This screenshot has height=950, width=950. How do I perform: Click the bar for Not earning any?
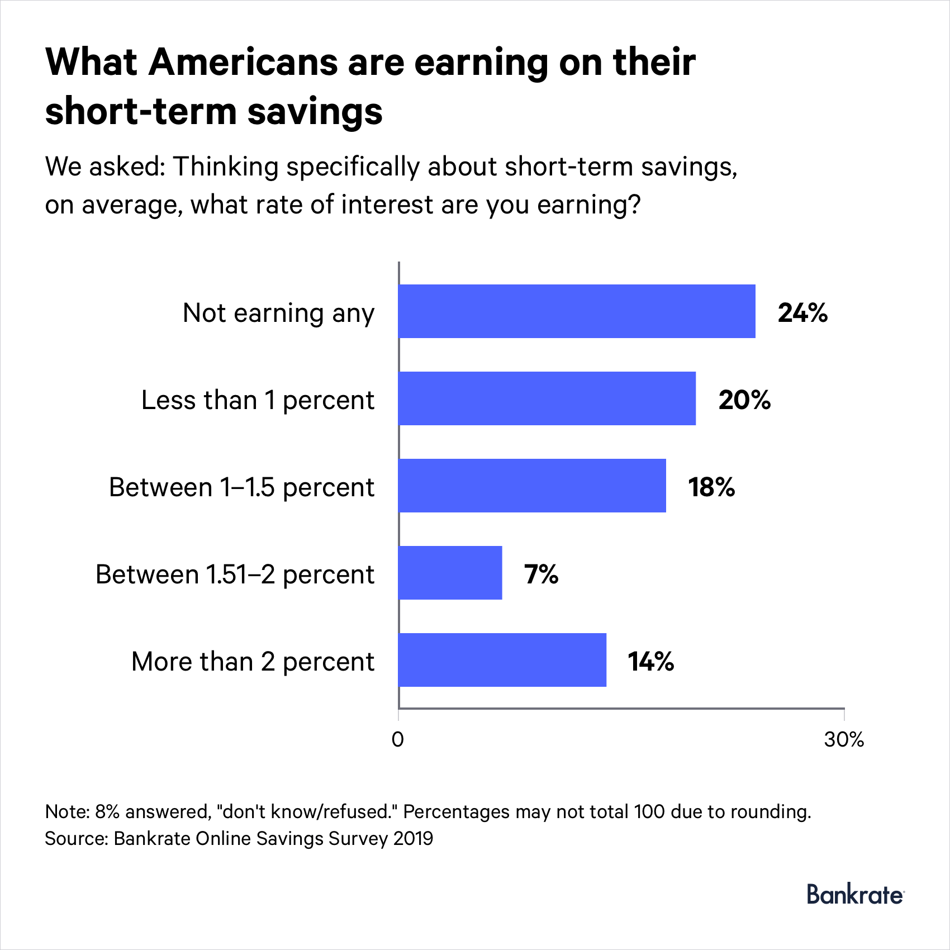pyautogui.click(x=577, y=311)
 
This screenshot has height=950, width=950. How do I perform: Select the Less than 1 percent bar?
pyautogui.click(x=547, y=398)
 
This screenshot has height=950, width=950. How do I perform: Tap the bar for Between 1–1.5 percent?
pyautogui.click(x=532, y=486)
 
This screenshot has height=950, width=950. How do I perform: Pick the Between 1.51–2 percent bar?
pyautogui.click(x=450, y=573)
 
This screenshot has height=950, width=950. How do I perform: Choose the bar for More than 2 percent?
pyautogui.click(x=502, y=660)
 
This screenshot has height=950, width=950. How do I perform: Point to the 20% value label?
pyautogui.click(x=744, y=400)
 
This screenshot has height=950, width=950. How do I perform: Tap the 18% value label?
pyautogui.click(x=711, y=487)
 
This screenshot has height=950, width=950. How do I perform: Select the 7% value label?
pyautogui.click(x=541, y=574)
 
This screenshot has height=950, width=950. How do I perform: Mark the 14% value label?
pyautogui.click(x=651, y=661)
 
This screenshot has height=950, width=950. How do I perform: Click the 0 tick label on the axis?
pyautogui.click(x=398, y=739)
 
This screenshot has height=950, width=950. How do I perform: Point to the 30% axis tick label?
pyautogui.click(x=844, y=739)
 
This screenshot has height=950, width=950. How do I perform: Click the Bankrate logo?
pyautogui.click(x=855, y=895)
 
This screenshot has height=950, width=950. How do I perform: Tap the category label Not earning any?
pyautogui.click(x=278, y=313)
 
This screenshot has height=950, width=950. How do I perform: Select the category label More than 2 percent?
pyautogui.click(x=253, y=662)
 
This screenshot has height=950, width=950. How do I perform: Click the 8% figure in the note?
pyautogui.click(x=107, y=811)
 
